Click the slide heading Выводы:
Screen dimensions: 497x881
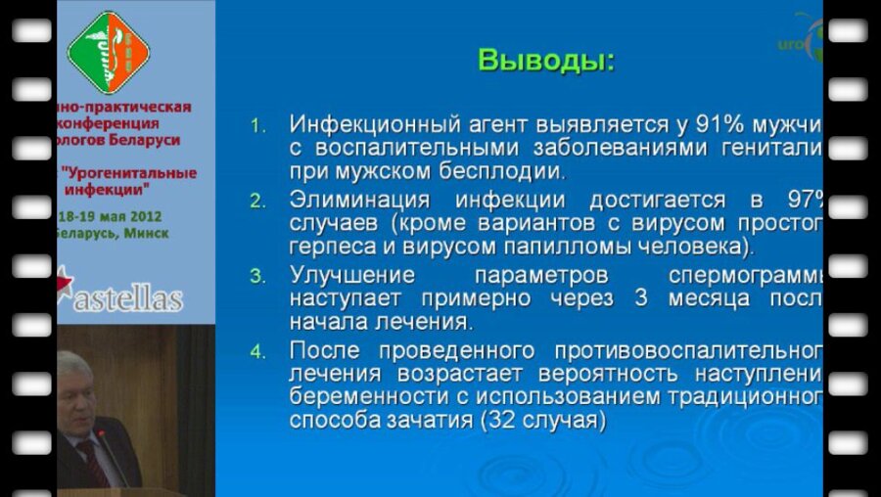tap(546, 61)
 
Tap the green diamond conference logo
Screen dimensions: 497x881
tap(108, 52)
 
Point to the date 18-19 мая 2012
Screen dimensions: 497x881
tap(110, 216)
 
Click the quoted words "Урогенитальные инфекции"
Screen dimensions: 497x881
tap(127, 180)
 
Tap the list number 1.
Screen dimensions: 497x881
tap(257, 126)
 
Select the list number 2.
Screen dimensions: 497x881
tap(257, 202)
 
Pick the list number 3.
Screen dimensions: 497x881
tap(257, 276)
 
